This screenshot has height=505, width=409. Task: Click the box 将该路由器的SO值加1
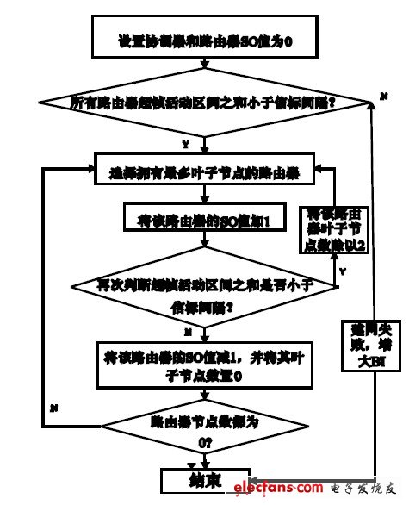(x=198, y=220)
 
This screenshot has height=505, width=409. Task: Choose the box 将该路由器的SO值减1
(x=198, y=360)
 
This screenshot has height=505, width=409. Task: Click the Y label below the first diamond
(x=185, y=143)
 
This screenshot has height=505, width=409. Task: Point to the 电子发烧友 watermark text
(x=362, y=489)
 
